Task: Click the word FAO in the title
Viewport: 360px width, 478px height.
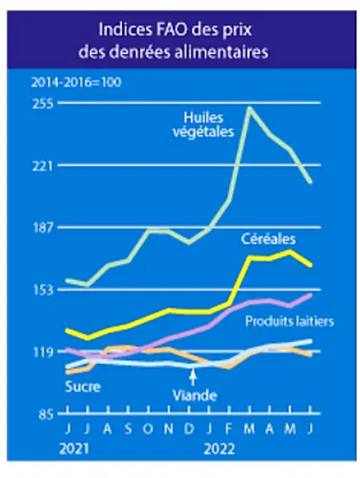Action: pos(161,30)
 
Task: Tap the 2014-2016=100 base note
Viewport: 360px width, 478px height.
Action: pos(76,82)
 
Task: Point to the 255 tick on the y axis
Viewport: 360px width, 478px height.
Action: pos(42,104)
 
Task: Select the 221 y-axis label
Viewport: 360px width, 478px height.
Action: pos(42,165)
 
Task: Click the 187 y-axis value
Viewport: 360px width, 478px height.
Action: pos(42,227)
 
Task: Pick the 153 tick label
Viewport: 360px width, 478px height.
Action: pos(42,290)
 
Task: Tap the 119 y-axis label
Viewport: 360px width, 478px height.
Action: pos(42,352)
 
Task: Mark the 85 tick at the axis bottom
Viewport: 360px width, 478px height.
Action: pos(46,414)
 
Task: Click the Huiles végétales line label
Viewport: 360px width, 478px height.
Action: pos(203,124)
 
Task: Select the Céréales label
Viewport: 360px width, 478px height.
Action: pos(268,239)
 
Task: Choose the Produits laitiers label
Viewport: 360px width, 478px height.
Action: pos(289,321)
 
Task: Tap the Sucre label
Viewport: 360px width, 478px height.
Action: pos(83,387)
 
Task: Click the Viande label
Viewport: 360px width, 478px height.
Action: pos(195,395)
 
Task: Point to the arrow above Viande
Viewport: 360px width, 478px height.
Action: pos(192,377)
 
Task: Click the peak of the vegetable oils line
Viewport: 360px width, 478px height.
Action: pos(250,107)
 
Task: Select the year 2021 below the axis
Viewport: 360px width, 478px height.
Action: pos(75,449)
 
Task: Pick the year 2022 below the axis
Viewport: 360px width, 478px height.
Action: pos(220,449)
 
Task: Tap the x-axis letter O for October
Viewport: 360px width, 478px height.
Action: pos(148,429)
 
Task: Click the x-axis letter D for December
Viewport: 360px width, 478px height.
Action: pos(189,429)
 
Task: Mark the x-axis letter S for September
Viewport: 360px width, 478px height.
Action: pos(129,429)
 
